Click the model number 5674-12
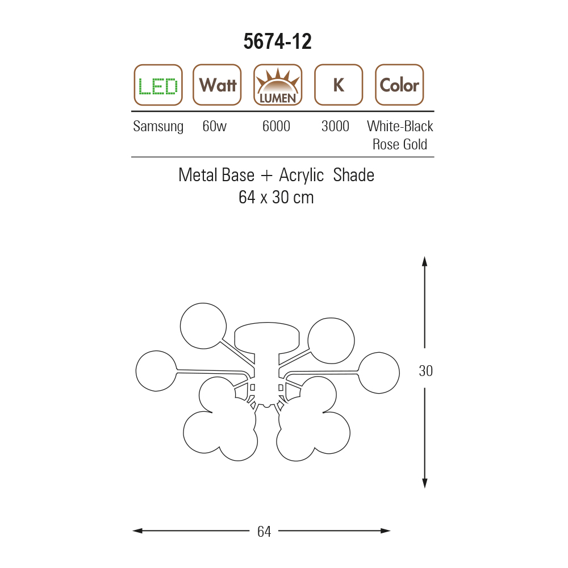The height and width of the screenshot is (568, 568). click(278, 41)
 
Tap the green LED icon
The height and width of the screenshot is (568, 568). click(158, 85)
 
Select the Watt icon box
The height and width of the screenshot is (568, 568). click(217, 85)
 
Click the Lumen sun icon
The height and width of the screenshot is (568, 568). click(278, 85)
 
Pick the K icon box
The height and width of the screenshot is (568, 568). click(339, 85)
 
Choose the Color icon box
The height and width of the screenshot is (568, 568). click(399, 85)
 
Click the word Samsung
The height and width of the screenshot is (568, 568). click(158, 127)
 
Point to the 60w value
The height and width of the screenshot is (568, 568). click(215, 126)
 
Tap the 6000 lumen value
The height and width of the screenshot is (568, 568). click(277, 126)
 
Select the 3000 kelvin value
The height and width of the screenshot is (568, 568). click(336, 126)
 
